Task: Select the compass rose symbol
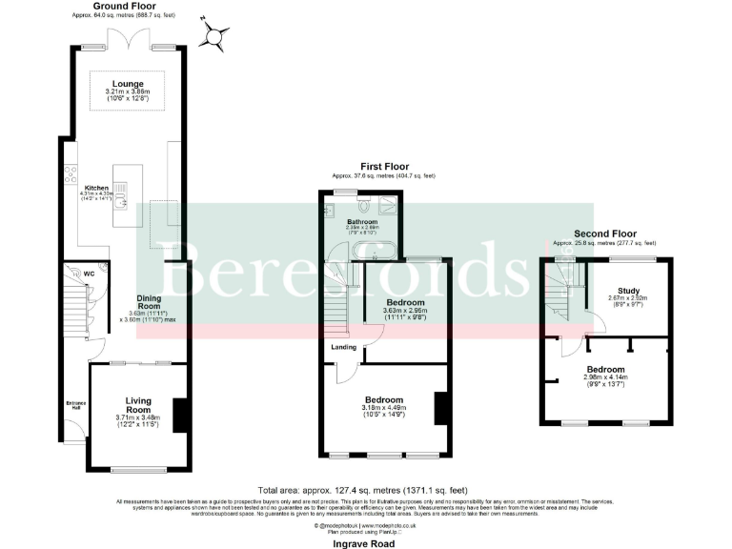tap(214, 35)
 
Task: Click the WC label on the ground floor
tap(88, 274)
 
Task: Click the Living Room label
tap(138, 405)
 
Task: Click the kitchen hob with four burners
tap(70, 174)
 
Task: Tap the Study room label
tap(628, 292)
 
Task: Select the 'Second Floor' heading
tap(605, 234)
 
